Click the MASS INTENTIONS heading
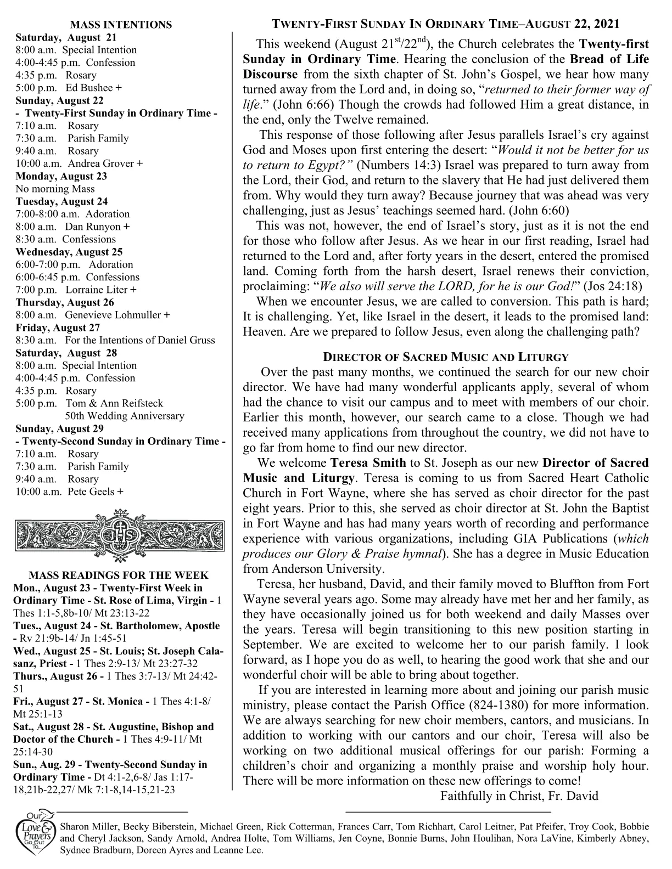121,25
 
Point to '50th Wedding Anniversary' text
125,416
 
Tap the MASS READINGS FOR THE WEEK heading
119,575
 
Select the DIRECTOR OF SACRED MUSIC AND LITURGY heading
445,357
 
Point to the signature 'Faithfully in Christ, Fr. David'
519,796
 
